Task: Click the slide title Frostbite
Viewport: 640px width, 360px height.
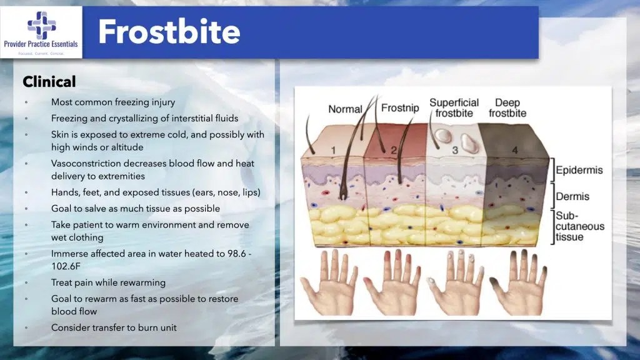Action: coord(169,32)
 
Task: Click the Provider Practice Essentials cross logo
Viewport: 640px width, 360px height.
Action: coord(41,25)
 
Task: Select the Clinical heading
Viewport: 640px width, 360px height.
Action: coord(49,82)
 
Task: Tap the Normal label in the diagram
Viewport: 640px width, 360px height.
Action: coord(345,109)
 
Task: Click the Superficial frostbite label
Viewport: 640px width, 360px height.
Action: coord(454,107)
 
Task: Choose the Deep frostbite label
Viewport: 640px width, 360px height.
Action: coord(507,107)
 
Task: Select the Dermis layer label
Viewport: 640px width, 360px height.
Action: coord(574,197)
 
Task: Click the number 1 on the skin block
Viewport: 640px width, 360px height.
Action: coord(334,150)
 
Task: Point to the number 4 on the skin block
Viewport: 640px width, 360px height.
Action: coord(515,150)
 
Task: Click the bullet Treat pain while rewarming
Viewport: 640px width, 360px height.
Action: coord(108,282)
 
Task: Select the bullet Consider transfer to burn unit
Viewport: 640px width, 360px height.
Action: coord(114,327)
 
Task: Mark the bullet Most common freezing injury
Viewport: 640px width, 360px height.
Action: coord(113,102)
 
